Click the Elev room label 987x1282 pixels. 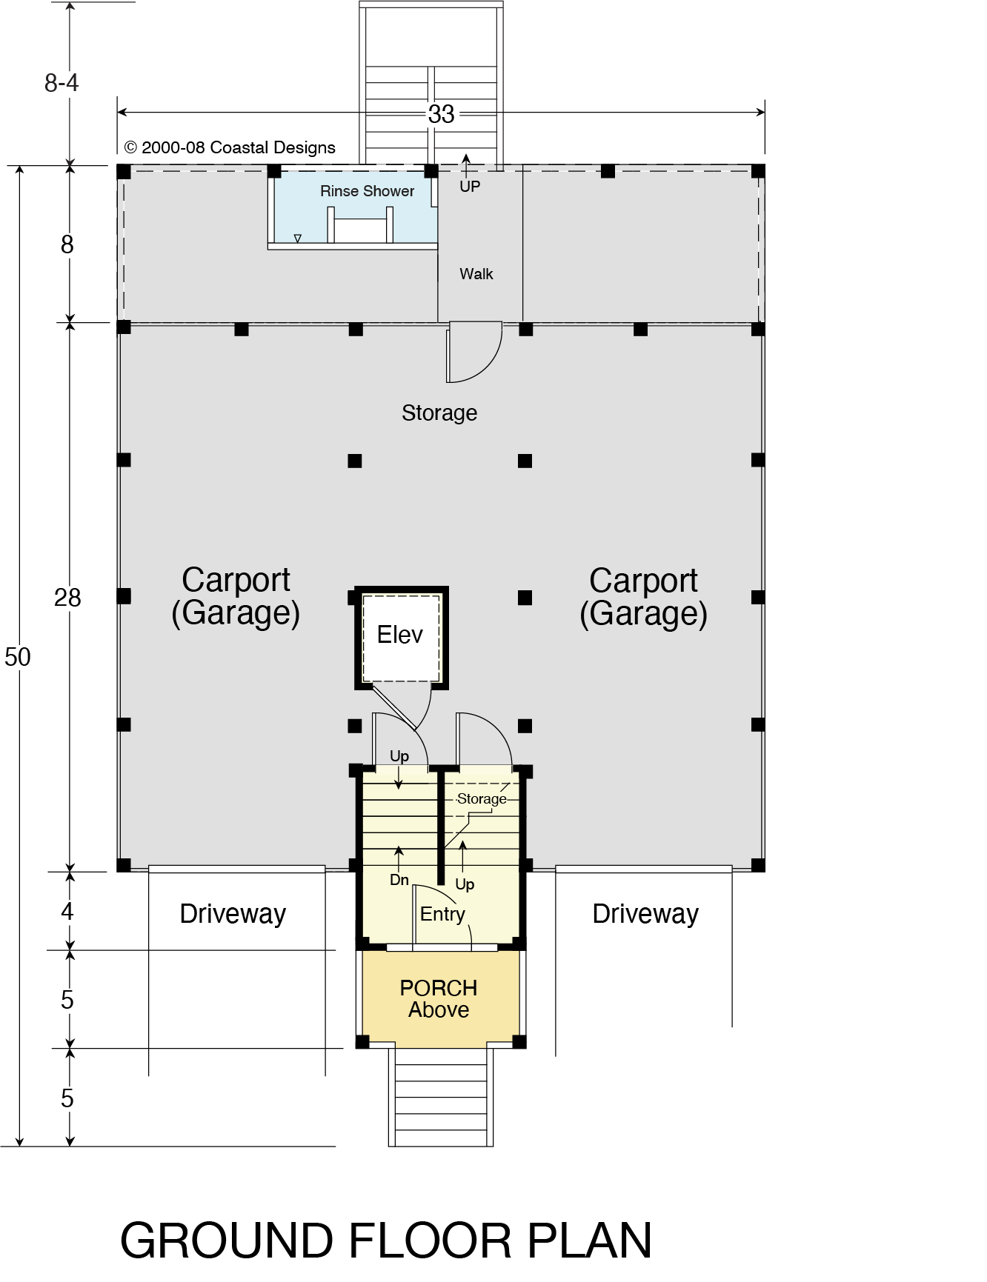click(399, 635)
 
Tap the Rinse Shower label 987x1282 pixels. click(367, 191)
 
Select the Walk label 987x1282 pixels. click(476, 274)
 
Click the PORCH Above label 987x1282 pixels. click(439, 999)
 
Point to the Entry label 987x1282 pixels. click(442, 914)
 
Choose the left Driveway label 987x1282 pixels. click(233, 914)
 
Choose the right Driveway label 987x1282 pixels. click(645, 914)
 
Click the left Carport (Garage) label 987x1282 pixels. click(236, 597)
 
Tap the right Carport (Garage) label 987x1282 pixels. click(643, 598)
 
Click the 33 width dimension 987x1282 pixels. click(441, 114)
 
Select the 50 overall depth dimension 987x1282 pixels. click(18, 657)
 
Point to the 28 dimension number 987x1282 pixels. click(67, 598)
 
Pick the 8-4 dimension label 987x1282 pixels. click(62, 83)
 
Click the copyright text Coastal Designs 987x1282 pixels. click(230, 147)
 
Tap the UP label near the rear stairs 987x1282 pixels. click(470, 187)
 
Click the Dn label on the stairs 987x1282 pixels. click(399, 880)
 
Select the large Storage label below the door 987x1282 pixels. click(439, 413)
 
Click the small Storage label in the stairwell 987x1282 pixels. click(482, 799)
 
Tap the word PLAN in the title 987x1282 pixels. click(590, 1241)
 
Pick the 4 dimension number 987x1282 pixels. click(67, 912)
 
